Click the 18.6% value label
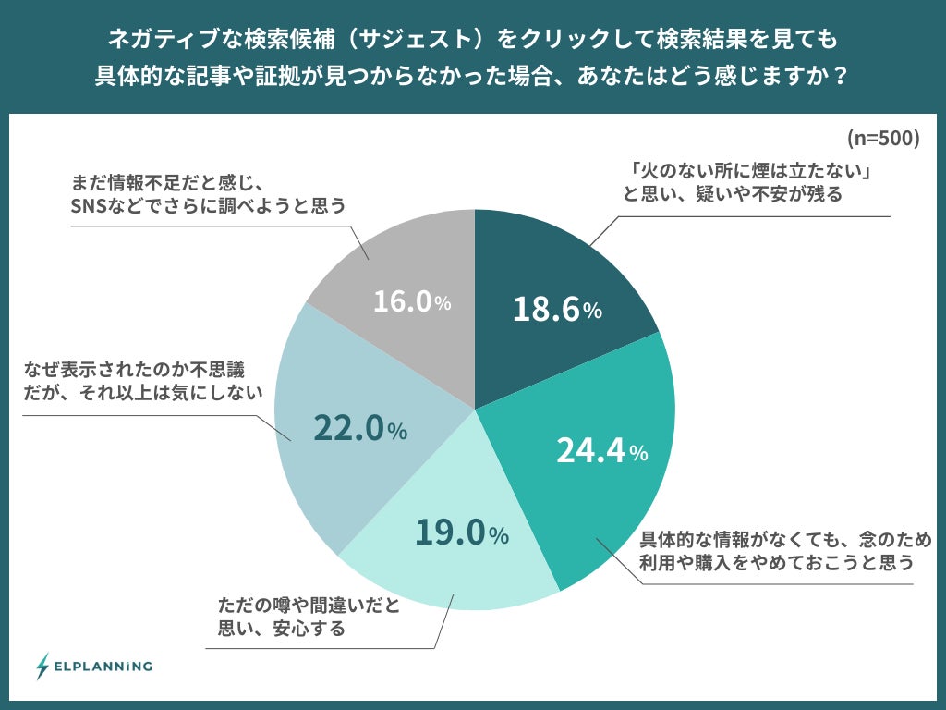coord(557,309)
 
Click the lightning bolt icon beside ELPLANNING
coord(42,666)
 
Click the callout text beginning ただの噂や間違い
coord(309,618)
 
